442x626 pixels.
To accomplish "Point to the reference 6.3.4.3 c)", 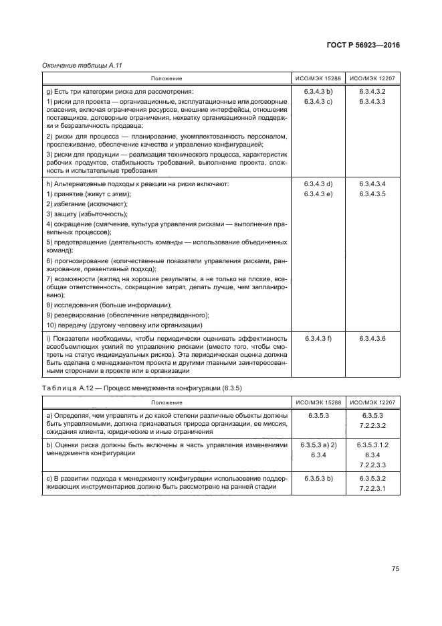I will pos(318,101).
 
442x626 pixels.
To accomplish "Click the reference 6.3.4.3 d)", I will pos(318,183).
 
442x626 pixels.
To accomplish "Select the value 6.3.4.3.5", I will pos(373,193).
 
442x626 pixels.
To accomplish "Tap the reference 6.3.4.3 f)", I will pos(318,339).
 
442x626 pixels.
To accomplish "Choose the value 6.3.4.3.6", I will pos(373,339).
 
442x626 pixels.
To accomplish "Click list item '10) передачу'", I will pos(124,325).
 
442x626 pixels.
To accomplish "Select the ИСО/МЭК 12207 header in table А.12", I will pos(373,402).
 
